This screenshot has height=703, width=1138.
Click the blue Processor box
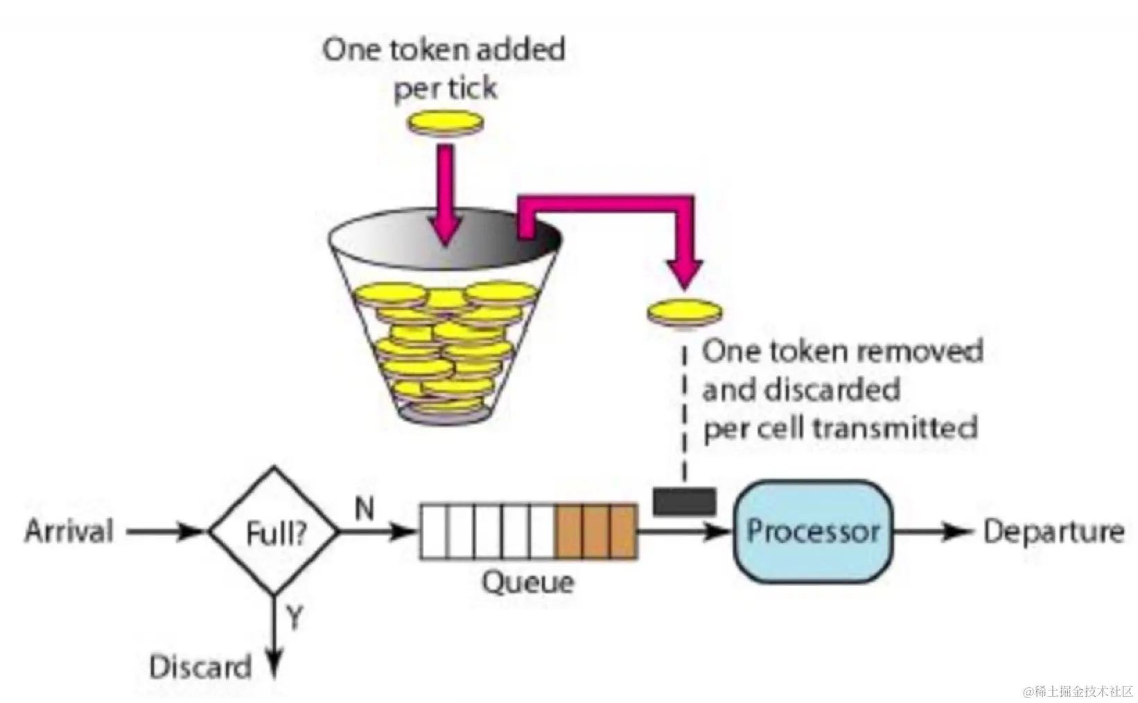coord(812,532)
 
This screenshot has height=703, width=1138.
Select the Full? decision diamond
coord(275,532)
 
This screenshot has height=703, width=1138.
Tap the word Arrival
coord(69,532)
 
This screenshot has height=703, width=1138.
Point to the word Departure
coord(1053,532)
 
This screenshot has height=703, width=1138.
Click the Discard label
coord(200,667)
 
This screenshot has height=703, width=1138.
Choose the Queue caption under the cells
coord(528,582)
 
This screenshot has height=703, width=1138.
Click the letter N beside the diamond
coord(365,509)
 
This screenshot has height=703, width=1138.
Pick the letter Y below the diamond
coord(295,616)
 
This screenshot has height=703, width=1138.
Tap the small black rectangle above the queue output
coord(684,501)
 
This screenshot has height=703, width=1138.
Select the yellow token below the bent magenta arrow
coord(685,312)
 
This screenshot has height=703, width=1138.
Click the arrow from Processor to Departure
coord(932,532)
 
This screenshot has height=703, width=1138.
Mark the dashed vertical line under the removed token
coord(684,416)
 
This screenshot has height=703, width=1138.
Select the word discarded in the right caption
coord(832,390)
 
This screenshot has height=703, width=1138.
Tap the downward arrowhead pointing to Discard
coord(275,666)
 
